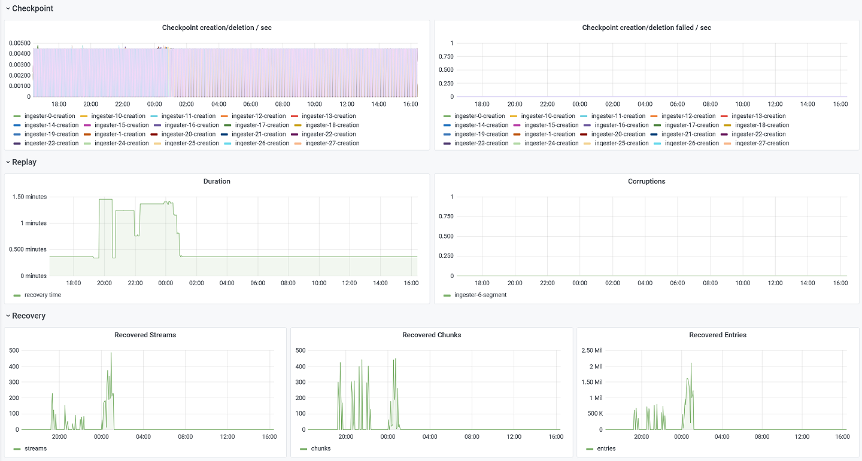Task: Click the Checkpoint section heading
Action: tap(32, 8)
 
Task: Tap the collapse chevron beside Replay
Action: tap(8, 162)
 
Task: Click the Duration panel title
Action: tap(217, 181)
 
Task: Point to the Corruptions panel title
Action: tap(646, 181)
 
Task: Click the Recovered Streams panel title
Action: tap(145, 335)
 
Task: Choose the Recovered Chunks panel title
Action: tap(432, 335)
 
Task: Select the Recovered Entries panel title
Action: tap(718, 335)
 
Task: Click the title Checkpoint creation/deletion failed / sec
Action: tap(646, 28)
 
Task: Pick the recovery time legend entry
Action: tap(43, 295)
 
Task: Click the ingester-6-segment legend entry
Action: tap(480, 295)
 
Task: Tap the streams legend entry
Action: tap(35, 448)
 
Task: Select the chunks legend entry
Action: tap(321, 448)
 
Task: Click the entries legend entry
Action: tap(606, 448)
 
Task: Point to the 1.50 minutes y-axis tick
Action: tap(29, 197)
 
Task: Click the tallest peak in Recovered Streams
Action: tap(111, 353)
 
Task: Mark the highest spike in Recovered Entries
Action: tap(691, 364)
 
